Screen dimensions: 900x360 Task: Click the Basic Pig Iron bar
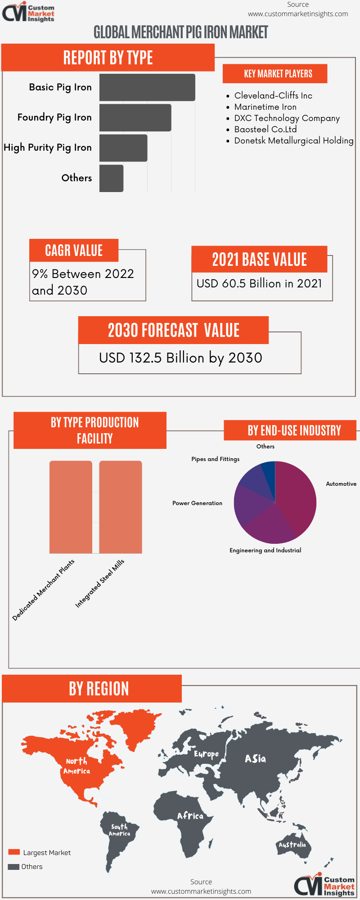pyautogui.click(x=147, y=87)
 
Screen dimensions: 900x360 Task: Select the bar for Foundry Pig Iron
pyautogui.click(x=135, y=118)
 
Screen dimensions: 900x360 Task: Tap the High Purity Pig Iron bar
pyautogui.click(x=123, y=148)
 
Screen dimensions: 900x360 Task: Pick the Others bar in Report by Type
pyautogui.click(x=111, y=179)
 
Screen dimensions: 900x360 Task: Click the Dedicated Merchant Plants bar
pyautogui.click(x=71, y=507)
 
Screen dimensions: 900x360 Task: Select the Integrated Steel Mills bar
pyautogui.click(x=121, y=507)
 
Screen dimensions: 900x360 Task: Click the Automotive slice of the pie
pyautogui.click(x=297, y=495)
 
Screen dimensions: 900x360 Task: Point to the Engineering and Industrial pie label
pyautogui.click(x=265, y=551)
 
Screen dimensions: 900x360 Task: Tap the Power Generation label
pyautogui.click(x=197, y=503)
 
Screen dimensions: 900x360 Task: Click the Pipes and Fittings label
pyautogui.click(x=215, y=459)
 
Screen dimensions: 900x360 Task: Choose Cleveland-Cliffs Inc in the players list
pyautogui.click(x=273, y=96)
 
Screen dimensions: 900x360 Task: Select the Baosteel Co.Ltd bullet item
pyautogui.click(x=265, y=130)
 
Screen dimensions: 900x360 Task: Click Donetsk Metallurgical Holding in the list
pyautogui.click(x=293, y=141)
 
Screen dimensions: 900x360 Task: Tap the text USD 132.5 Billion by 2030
pyautogui.click(x=180, y=358)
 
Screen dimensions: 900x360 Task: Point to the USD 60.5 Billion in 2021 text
pyautogui.click(x=259, y=284)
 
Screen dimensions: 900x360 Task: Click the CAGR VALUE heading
pyautogui.click(x=74, y=251)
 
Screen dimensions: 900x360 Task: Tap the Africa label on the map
pyautogui.click(x=190, y=816)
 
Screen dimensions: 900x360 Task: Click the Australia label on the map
pyautogui.click(x=292, y=845)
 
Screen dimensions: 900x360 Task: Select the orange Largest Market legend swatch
pyautogui.click(x=14, y=852)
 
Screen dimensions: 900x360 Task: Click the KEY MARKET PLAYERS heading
pyautogui.click(x=278, y=74)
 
